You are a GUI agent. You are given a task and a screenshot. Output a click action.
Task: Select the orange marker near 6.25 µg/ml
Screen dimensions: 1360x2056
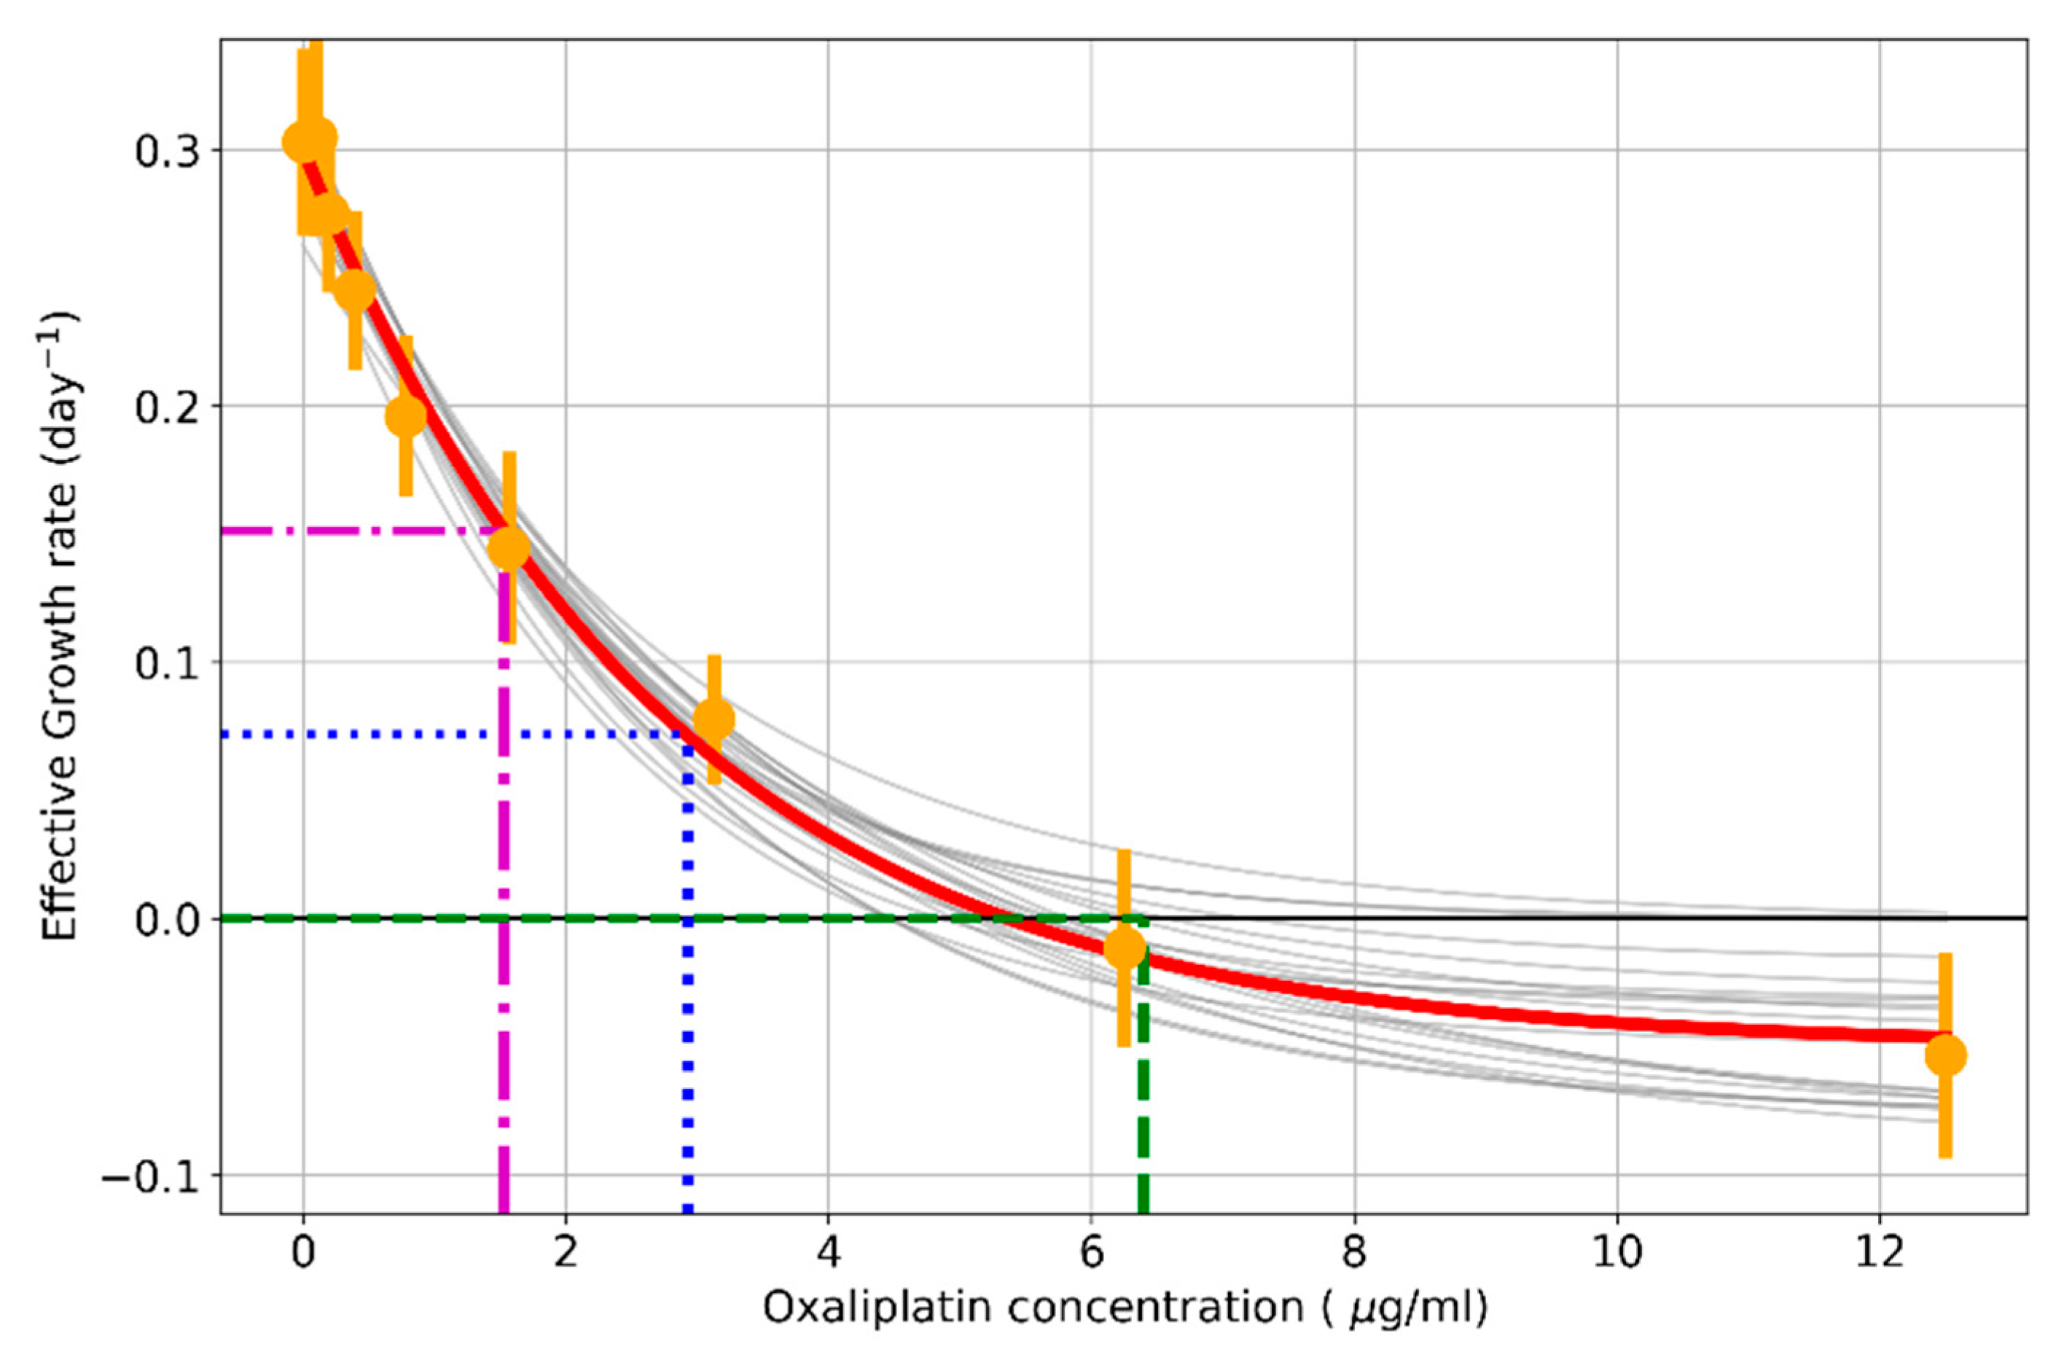pos(1125,948)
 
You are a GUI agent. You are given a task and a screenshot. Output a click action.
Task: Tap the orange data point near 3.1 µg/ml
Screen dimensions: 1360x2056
pos(714,718)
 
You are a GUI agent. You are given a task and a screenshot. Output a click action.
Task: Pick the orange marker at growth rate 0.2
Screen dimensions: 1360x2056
pos(406,416)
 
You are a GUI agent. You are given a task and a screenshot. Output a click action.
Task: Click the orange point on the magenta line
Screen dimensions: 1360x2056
pos(509,547)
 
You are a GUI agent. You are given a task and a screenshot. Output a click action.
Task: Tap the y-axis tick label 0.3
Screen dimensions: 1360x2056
pos(165,151)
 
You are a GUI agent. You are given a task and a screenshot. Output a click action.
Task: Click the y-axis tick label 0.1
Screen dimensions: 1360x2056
pos(165,663)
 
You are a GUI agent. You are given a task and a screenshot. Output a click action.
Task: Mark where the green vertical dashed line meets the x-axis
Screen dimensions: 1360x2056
pos(1143,1212)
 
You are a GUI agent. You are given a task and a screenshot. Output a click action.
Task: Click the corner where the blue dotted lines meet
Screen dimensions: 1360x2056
pos(688,734)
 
